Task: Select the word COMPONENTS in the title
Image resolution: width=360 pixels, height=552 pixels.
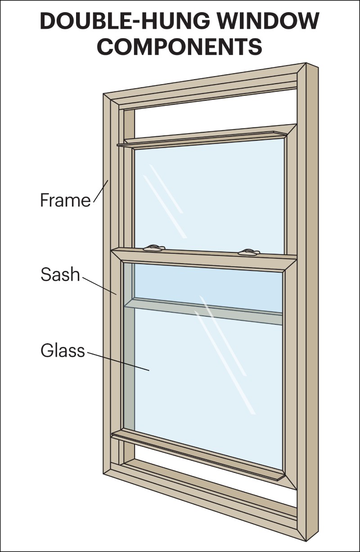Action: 180,46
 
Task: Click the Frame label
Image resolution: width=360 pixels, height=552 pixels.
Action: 65,200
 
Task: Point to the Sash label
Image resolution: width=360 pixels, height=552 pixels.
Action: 60,274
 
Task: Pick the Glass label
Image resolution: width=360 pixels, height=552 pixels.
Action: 63,350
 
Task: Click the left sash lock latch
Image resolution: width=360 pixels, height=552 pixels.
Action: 154,247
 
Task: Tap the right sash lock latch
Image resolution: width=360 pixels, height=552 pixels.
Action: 249,252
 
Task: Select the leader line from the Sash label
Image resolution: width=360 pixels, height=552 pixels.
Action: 99,285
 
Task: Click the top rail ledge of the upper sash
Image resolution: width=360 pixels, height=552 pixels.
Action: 202,139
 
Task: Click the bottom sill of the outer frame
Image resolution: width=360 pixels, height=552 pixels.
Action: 202,499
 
